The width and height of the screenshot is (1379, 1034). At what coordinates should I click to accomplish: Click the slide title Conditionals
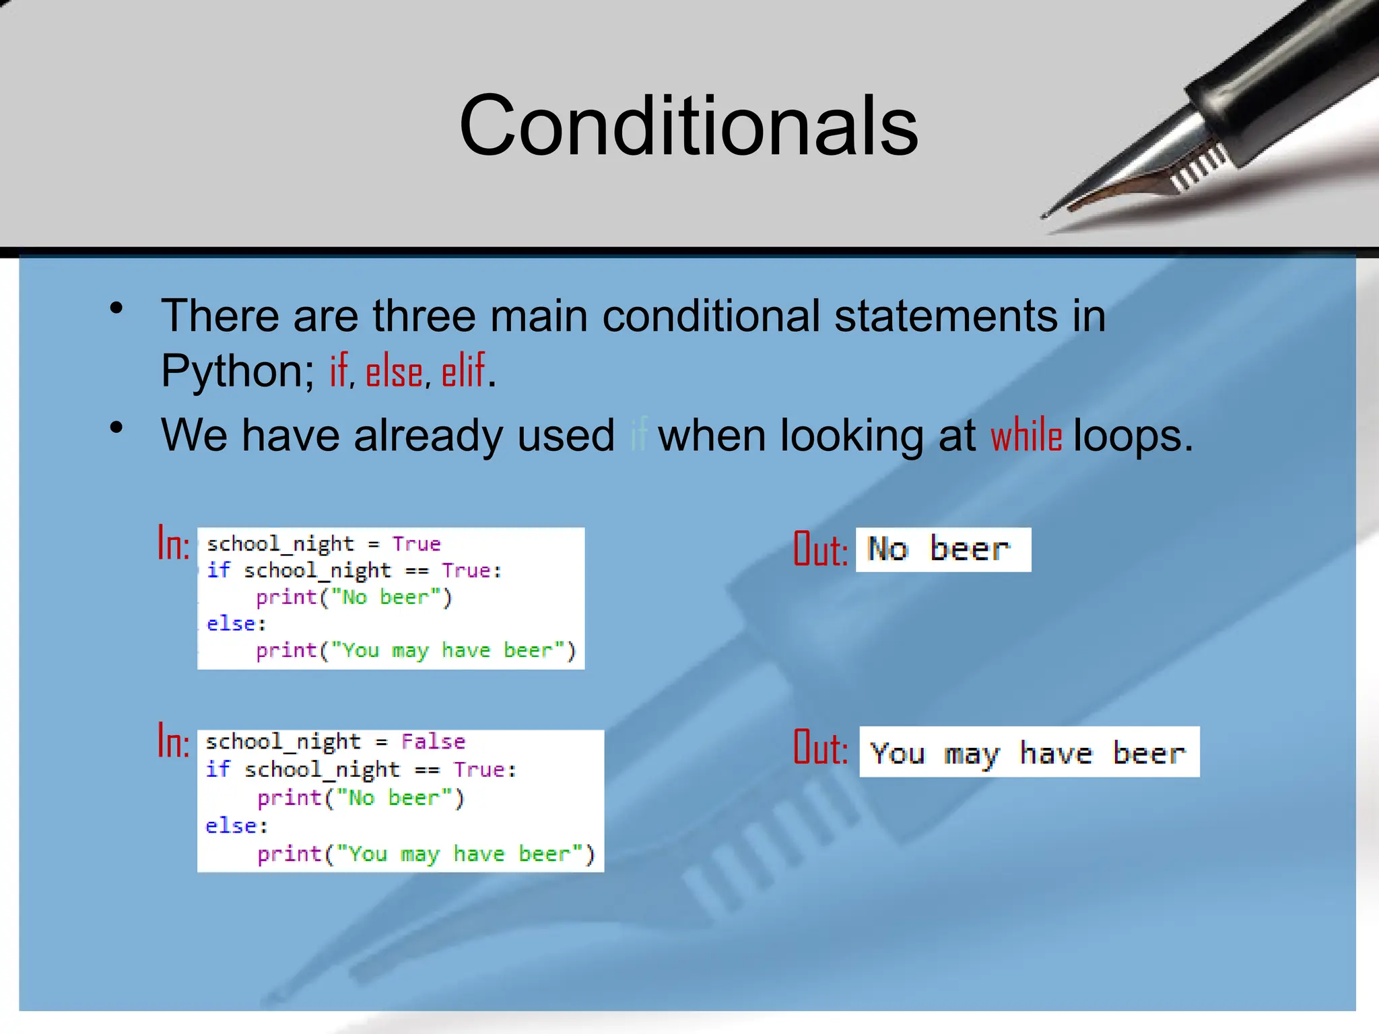point(688,127)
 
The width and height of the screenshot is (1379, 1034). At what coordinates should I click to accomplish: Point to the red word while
point(1026,436)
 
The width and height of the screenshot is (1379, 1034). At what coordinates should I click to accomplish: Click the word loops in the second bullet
point(1133,436)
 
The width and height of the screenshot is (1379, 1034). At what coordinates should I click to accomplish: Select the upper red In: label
point(174,544)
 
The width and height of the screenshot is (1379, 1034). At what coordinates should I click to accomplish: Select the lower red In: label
point(174,741)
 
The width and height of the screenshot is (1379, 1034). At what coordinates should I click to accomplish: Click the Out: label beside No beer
point(820,549)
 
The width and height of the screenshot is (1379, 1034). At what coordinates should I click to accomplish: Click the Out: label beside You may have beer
point(820,748)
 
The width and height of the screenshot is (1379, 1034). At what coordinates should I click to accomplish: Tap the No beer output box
point(943,549)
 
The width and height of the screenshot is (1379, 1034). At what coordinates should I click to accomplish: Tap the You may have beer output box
point(1029,752)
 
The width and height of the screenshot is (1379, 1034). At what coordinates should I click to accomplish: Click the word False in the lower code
point(433,741)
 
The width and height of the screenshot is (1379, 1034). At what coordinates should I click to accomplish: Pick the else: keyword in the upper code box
point(236,624)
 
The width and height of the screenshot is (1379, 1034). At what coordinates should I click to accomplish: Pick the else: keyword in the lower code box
point(236,825)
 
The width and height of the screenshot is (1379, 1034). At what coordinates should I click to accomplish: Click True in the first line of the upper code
point(416,543)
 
